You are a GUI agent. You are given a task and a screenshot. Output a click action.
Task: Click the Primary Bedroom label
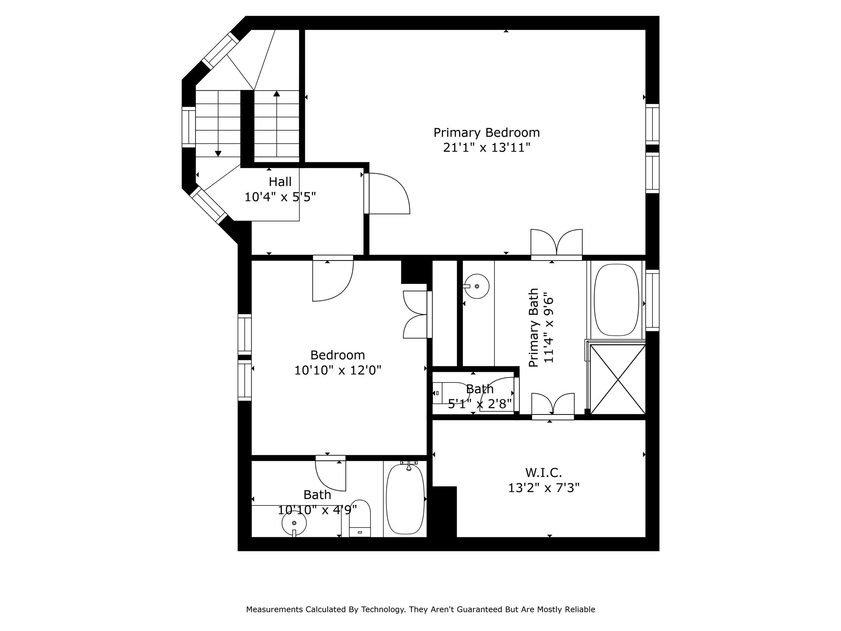click(487, 133)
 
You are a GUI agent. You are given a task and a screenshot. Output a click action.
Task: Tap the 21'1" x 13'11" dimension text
click(487, 148)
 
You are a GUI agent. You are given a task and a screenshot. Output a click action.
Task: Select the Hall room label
click(280, 182)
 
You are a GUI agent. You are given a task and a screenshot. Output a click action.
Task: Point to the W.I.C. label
click(543, 473)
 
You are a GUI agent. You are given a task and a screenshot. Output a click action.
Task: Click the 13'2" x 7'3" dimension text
click(544, 488)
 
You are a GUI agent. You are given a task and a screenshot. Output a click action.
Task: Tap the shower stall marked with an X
click(618, 379)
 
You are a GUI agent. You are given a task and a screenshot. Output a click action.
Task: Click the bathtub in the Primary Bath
click(617, 300)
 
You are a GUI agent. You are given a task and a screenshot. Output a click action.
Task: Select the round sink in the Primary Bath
click(477, 286)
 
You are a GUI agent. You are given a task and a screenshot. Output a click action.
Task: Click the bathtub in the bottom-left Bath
click(405, 499)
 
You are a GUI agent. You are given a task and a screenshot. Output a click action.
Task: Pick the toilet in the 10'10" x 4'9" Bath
click(360, 519)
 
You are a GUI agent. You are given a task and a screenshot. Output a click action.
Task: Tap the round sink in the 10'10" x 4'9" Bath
click(294, 523)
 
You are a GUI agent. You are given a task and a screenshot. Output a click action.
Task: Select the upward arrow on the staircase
click(277, 94)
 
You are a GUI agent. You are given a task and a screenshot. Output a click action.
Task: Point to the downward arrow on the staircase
click(218, 153)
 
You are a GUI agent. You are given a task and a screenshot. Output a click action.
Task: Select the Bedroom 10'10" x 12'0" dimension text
click(338, 371)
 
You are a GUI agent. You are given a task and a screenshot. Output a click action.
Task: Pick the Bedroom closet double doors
click(416, 314)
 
